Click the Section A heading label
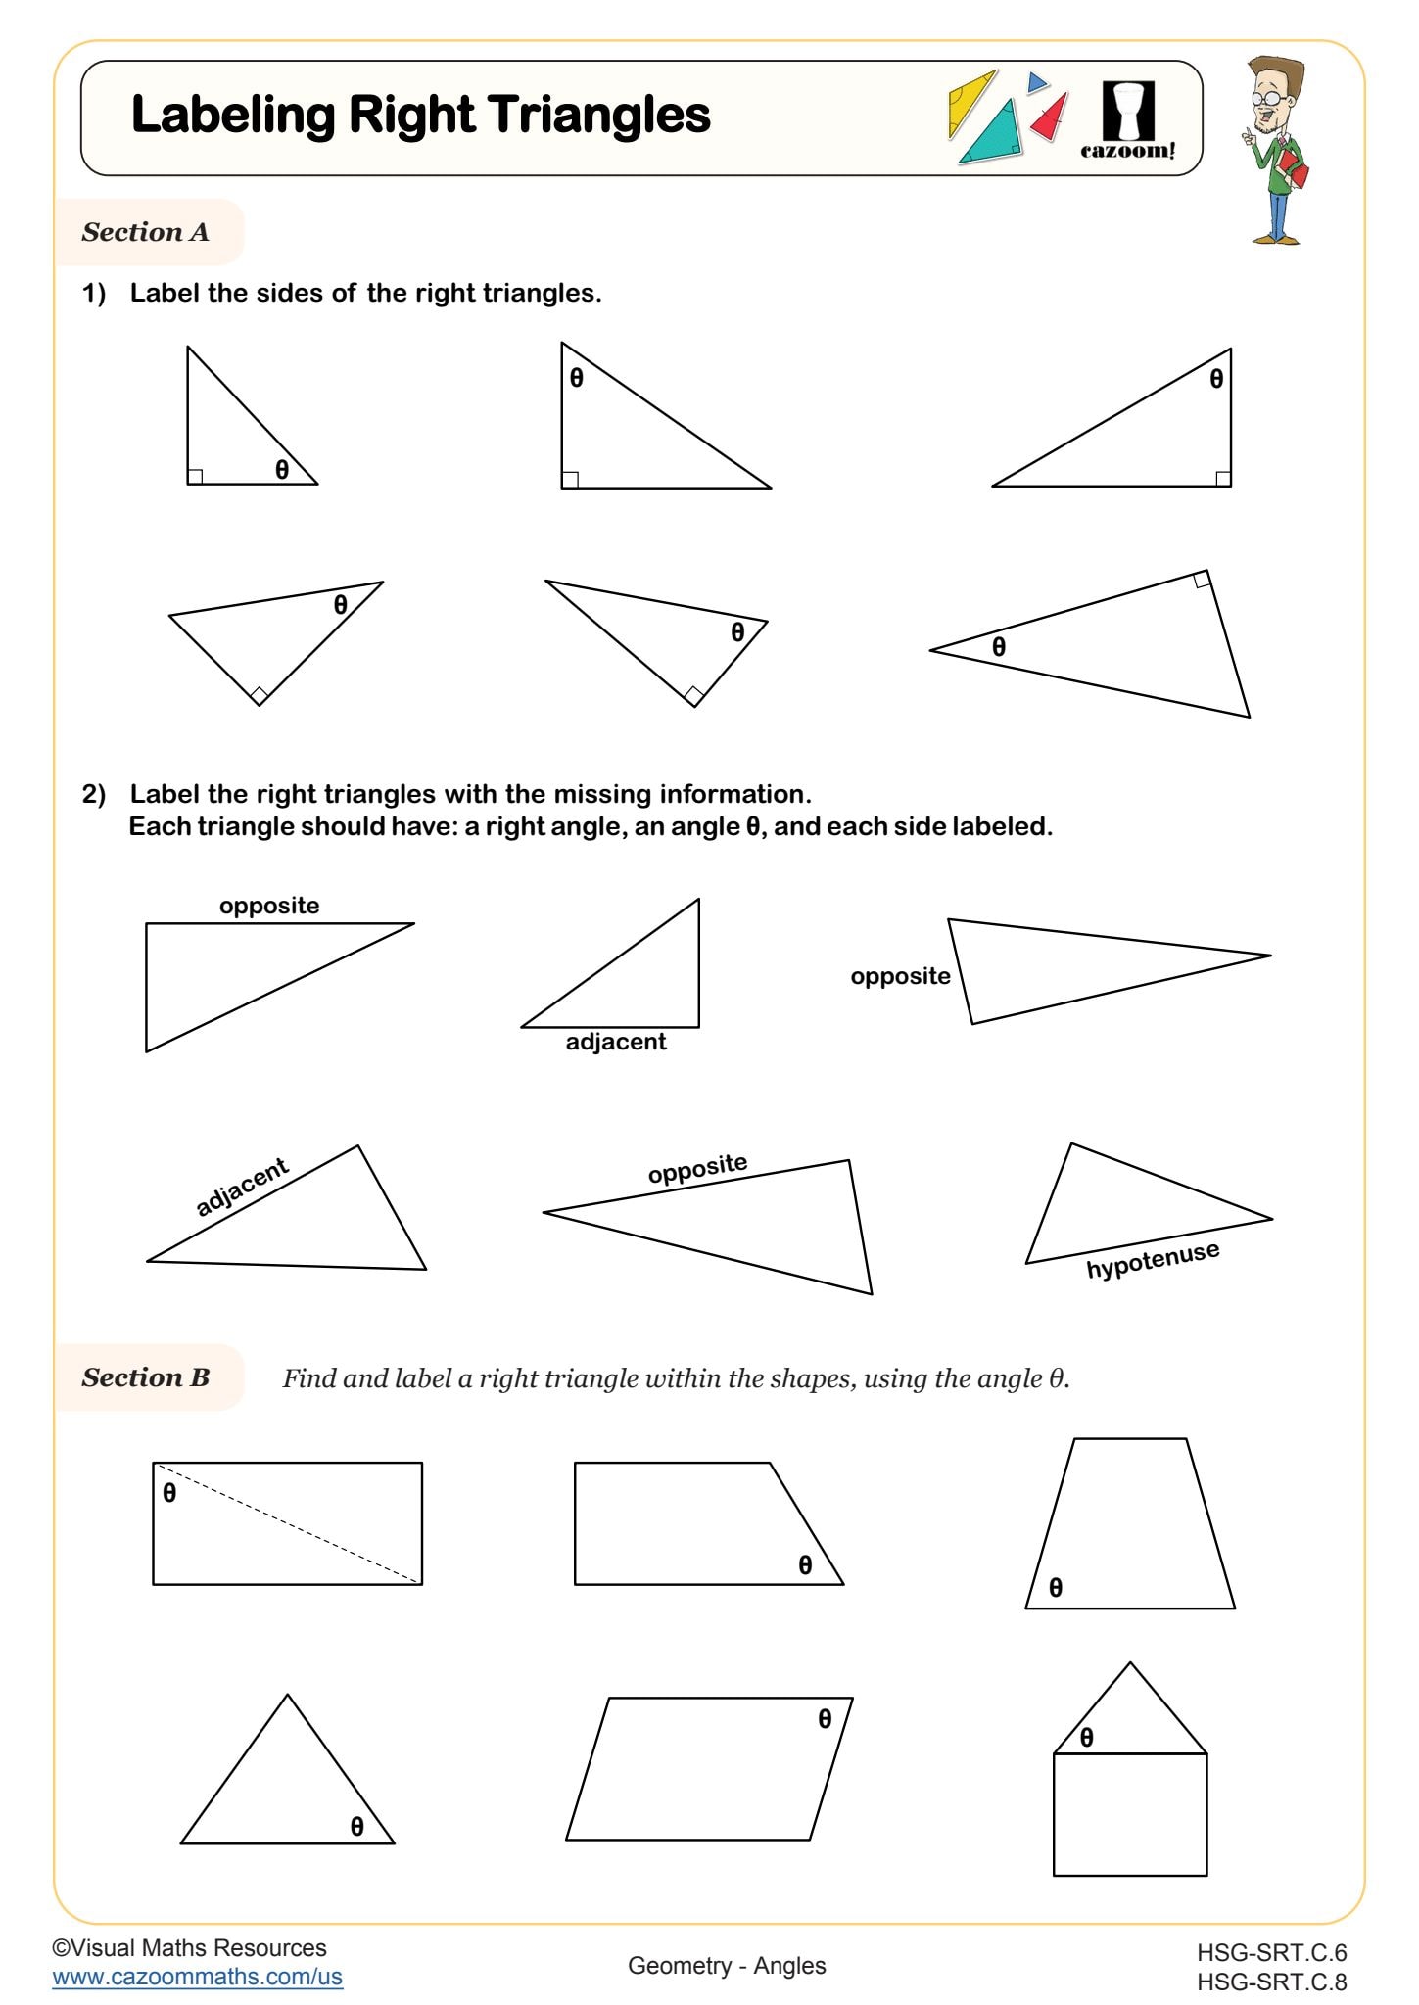click(145, 232)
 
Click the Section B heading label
click(145, 1377)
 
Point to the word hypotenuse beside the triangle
click(1153, 1260)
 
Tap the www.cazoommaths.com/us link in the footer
click(197, 1976)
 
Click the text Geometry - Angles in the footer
click(727, 1965)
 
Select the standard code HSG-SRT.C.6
click(1271, 1952)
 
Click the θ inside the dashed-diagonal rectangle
click(169, 1493)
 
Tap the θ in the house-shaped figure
click(1087, 1737)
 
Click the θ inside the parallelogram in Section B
click(825, 1718)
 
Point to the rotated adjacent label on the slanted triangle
click(242, 1186)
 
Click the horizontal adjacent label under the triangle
click(615, 1042)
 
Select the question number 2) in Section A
click(94, 794)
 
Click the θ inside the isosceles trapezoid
click(1055, 1588)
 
